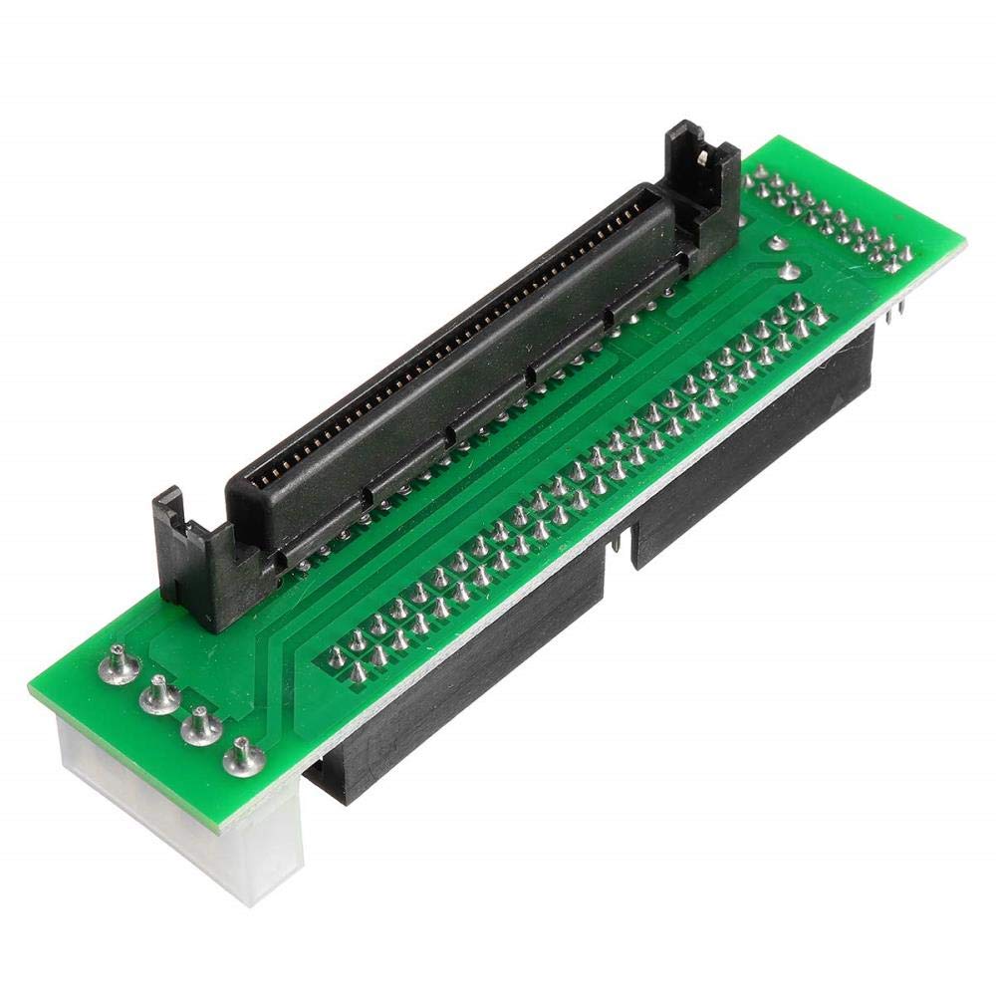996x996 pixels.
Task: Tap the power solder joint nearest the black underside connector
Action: tap(240, 760)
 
